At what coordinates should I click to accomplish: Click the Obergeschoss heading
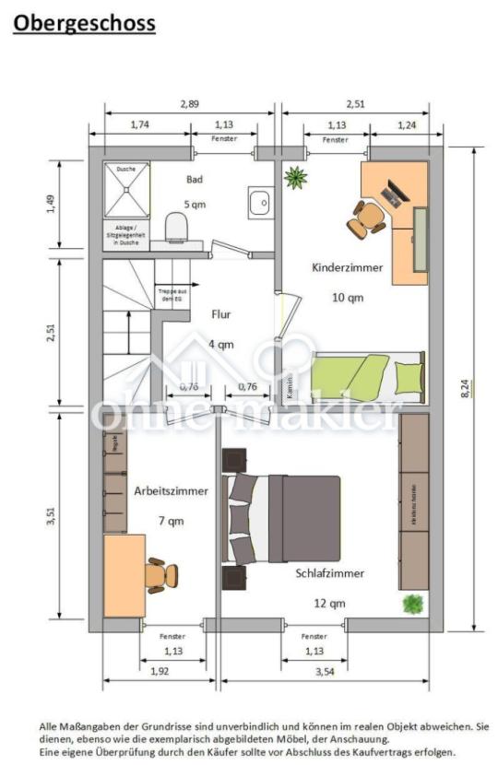pos(85,23)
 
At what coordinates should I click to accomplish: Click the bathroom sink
pos(259,201)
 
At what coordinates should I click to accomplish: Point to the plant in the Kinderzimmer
pos(295,177)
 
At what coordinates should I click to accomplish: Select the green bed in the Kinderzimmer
pos(368,374)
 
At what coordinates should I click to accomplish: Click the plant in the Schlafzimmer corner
pos(413,605)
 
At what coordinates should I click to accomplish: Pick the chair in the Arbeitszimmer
pos(160,575)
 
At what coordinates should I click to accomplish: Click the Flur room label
pos(220,314)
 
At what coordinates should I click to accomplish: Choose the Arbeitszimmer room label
pos(171,491)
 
